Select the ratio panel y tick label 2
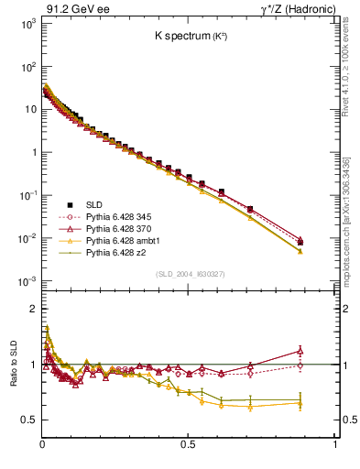32,309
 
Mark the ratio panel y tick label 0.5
29,420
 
